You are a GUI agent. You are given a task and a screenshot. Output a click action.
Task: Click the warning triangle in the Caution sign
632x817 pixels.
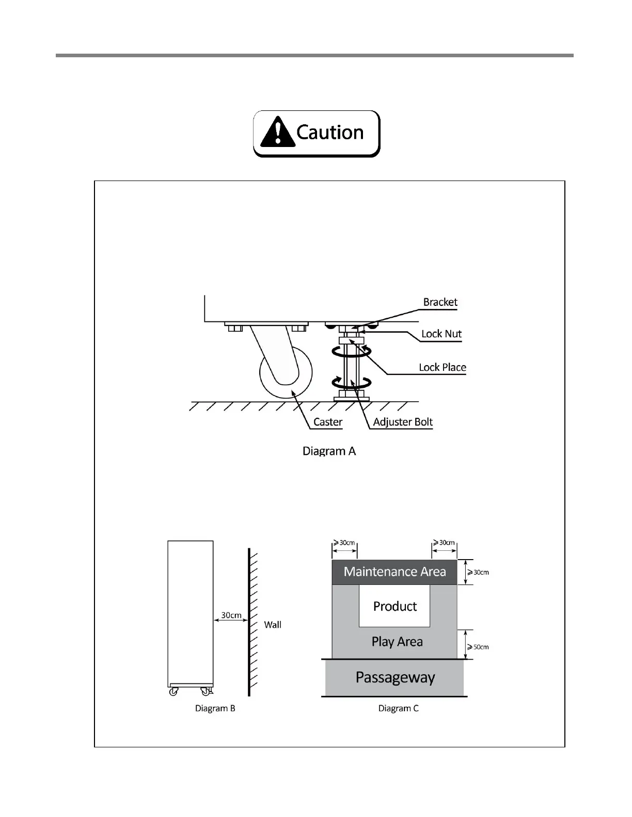coord(278,132)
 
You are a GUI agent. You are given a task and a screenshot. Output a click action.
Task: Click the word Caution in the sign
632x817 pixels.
coord(330,133)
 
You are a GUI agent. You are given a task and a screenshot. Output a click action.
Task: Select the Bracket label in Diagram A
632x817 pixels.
coord(440,302)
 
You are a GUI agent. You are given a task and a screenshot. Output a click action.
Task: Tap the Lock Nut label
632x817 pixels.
coord(441,334)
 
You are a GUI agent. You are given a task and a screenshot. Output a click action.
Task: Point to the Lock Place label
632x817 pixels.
coord(443,367)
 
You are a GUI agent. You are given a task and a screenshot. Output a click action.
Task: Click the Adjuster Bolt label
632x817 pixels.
coord(403,422)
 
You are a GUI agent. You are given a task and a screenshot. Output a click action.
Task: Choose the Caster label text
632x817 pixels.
coord(328,422)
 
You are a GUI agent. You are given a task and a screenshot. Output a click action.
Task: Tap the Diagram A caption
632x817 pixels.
coord(329,451)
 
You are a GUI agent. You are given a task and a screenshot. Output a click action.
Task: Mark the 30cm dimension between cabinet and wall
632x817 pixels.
coord(231,615)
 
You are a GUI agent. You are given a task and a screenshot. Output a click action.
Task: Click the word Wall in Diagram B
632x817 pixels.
coord(273,625)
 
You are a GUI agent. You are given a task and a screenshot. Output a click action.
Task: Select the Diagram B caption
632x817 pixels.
coord(215,708)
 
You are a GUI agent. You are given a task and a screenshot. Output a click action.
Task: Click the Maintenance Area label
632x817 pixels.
coord(394,571)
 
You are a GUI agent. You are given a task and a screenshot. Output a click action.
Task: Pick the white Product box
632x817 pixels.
coord(394,606)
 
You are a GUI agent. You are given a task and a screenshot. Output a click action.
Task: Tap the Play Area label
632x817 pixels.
coord(397,642)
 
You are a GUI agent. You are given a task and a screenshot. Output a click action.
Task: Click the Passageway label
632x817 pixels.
coord(395,677)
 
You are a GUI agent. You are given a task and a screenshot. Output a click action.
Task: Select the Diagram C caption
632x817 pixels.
coord(398,708)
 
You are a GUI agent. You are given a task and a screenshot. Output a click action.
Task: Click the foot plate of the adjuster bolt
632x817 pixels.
coord(352,398)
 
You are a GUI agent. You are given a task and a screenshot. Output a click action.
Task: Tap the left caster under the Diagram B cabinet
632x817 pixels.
coord(173,692)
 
